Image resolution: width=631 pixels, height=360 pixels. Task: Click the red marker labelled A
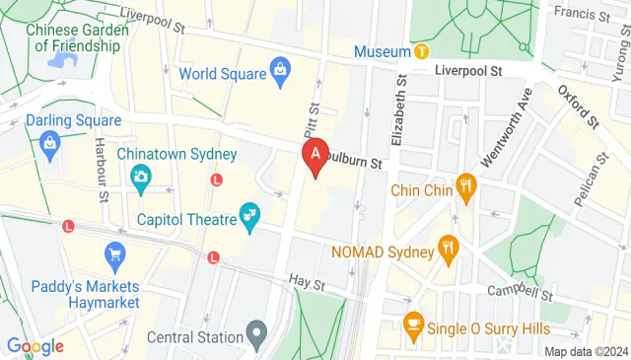click(x=315, y=156)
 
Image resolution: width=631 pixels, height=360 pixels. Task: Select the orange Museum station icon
click(x=421, y=50)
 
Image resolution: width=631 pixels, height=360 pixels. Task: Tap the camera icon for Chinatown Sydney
click(x=140, y=177)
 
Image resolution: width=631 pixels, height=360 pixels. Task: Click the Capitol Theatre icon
click(x=249, y=214)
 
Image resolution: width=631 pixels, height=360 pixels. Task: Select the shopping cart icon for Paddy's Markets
click(x=114, y=253)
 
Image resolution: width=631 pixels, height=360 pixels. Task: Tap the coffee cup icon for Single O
click(x=413, y=323)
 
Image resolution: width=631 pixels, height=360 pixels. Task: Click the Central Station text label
click(x=194, y=337)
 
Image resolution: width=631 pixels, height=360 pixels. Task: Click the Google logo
click(x=35, y=346)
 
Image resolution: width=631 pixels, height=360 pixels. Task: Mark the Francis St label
click(x=580, y=13)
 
